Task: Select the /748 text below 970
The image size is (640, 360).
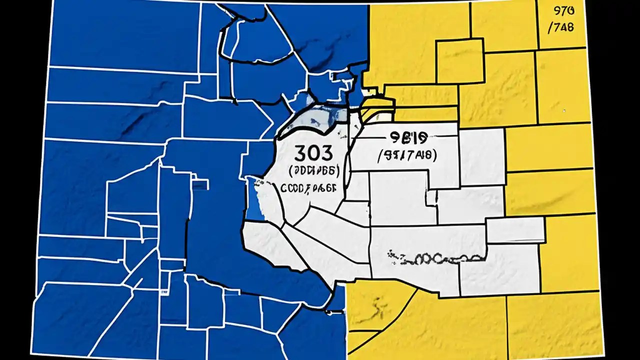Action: [561, 27]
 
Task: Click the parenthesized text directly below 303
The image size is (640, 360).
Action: [314, 170]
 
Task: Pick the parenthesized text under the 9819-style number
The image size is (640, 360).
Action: [405, 155]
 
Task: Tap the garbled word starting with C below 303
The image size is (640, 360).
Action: [308, 188]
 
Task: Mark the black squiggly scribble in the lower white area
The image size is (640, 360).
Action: [435, 258]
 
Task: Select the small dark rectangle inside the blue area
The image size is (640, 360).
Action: [199, 185]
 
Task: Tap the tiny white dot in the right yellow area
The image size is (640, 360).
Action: [564, 110]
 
